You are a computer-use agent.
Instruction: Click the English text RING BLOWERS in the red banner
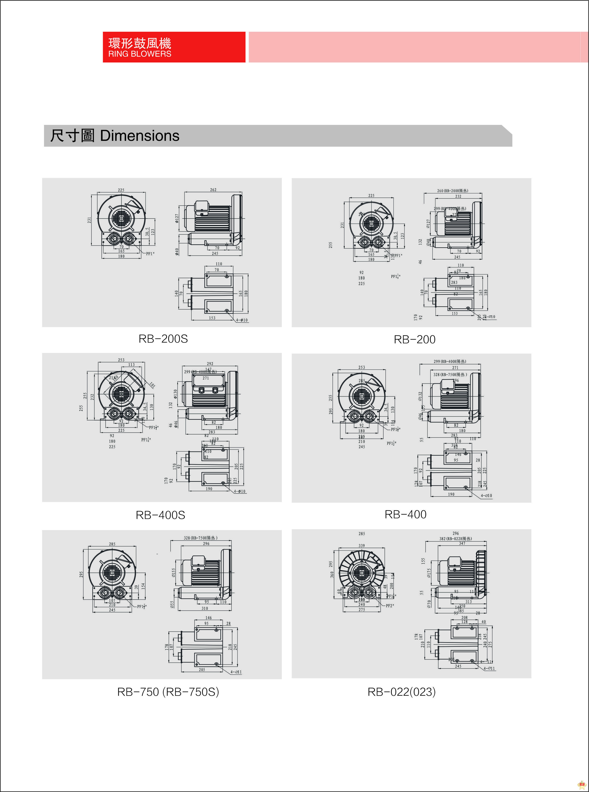point(139,54)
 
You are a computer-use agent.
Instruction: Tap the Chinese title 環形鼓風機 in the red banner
point(139,43)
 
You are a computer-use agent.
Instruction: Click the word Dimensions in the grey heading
point(139,136)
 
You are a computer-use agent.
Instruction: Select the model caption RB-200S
point(163,339)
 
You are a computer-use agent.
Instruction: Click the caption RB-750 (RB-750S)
point(168,692)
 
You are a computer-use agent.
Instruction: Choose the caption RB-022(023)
point(401,692)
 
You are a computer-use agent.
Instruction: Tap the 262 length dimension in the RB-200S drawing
point(213,190)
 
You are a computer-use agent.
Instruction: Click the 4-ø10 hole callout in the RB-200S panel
point(242,320)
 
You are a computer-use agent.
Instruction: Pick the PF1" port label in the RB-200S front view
point(150,254)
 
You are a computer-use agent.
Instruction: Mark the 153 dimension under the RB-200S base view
point(212,318)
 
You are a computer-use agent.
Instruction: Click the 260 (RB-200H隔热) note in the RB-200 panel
point(453,191)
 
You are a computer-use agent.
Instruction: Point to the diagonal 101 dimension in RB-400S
point(152,385)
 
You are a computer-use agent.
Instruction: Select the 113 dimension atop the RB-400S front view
point(132,365)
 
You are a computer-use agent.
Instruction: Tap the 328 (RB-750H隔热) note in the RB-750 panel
point(200,538)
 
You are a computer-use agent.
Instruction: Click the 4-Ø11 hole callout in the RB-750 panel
point(236,672)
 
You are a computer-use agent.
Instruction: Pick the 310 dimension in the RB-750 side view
point(205,609)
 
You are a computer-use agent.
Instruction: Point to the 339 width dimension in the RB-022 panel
point(361,545)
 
